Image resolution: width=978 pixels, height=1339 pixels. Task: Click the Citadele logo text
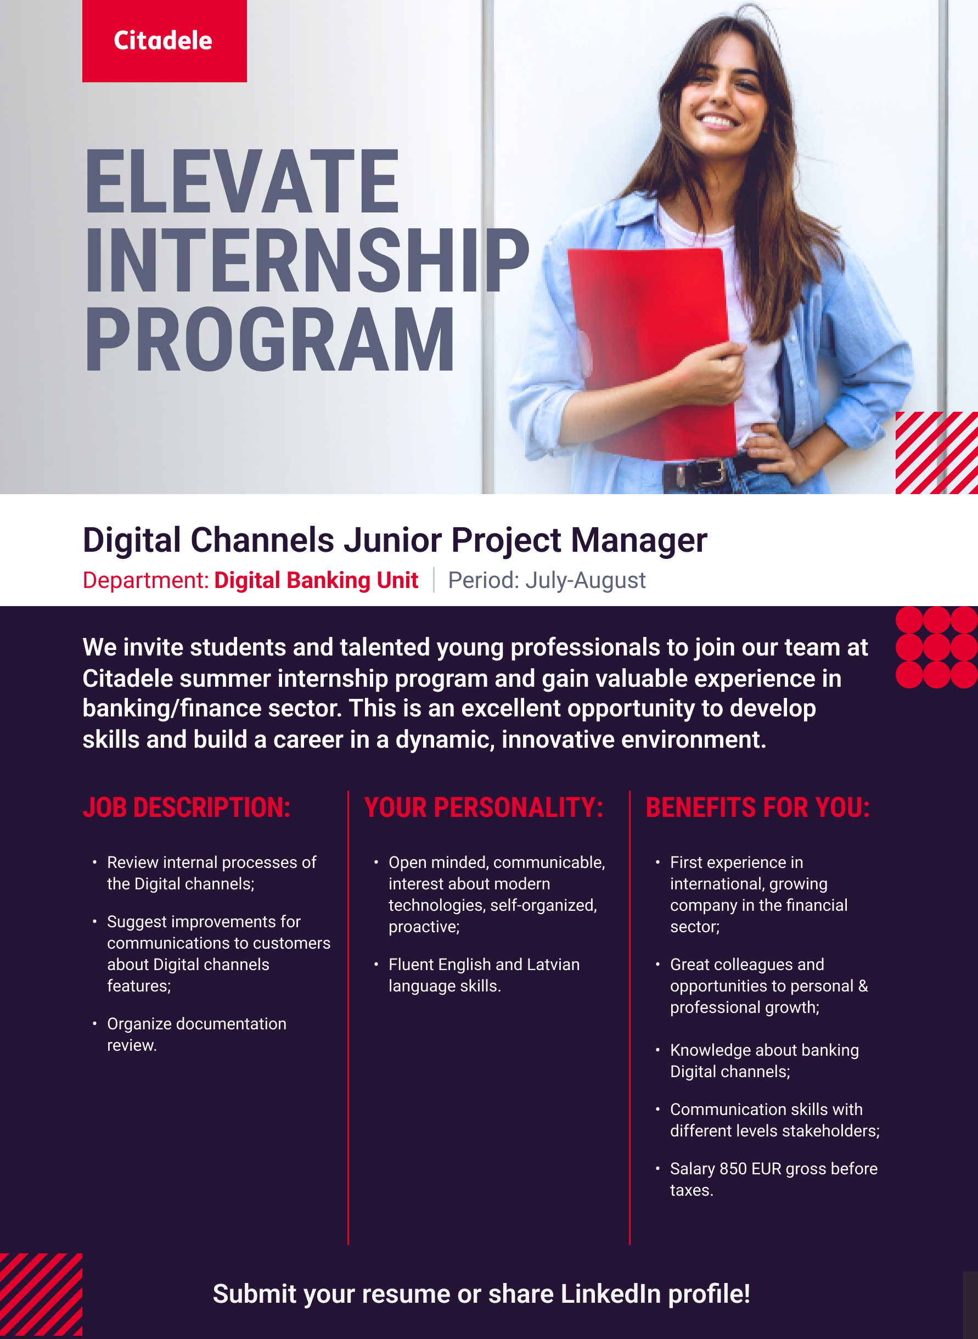(x=163, y=40)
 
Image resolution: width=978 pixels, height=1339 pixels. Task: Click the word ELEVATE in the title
(x=243, y=182)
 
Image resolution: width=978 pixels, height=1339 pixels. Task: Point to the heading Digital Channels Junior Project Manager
(x=395, y=541)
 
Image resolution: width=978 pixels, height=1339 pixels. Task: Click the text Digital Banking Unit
(x=316, y=580)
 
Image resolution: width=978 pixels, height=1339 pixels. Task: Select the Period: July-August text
(x=547, y=580)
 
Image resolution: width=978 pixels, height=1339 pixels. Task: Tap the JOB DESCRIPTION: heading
(x=187, y=807)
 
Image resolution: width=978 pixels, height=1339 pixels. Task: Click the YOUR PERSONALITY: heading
(x=484, y=807)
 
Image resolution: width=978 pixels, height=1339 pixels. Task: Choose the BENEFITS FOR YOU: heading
(x=758, y=807)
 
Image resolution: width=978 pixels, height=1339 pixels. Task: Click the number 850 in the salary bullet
(x=733, y=1168)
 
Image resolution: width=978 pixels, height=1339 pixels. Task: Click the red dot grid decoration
(x=936, y=647)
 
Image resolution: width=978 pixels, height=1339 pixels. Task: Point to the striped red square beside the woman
(x=936, y=452)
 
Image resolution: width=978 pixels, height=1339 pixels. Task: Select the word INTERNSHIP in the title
(x=307, y=261)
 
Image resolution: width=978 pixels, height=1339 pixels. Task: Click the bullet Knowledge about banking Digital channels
(x=765, y=1061)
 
